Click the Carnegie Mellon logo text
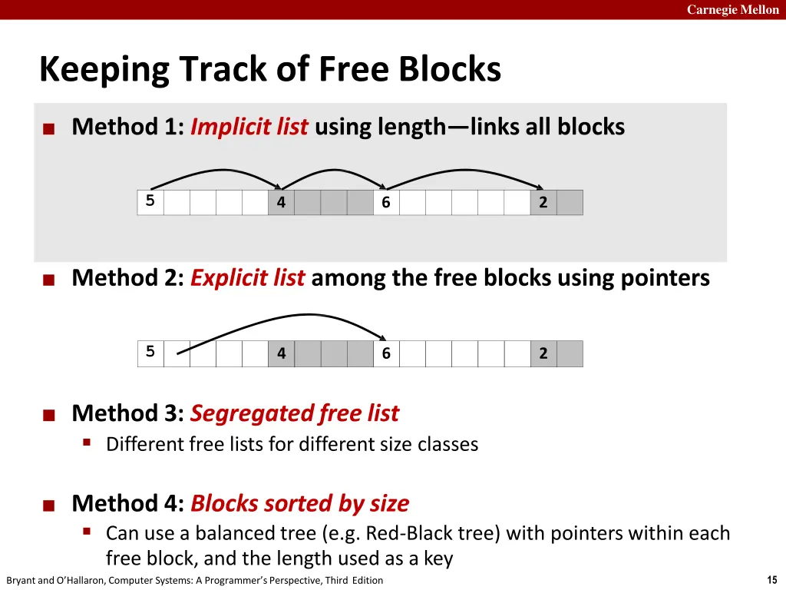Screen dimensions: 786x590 point(732,9)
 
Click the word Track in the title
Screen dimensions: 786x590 point(223,68)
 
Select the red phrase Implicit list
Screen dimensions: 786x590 point(249,127)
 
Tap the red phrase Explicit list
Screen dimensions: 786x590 point(248,277)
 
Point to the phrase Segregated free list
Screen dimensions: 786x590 point(295,413)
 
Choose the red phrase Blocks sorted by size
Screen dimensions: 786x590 point(300,503)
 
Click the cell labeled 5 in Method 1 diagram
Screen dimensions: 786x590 point(150,202)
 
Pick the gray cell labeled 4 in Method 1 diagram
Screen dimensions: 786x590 point(281,202)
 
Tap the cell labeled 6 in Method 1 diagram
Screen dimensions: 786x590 point(386,202)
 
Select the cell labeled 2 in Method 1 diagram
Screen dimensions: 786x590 point(543,202)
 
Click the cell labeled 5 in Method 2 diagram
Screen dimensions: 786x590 point(150,353)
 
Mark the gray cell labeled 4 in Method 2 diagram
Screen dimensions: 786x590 point(281,353)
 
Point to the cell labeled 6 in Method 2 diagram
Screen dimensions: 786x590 point(386,353)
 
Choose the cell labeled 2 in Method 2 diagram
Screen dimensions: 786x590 point(543,353)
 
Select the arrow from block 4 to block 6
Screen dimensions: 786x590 point(333,170)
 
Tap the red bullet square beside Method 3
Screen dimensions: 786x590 point(48,416)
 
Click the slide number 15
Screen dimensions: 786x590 point(772,579)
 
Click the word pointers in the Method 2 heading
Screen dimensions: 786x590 point(665,278)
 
